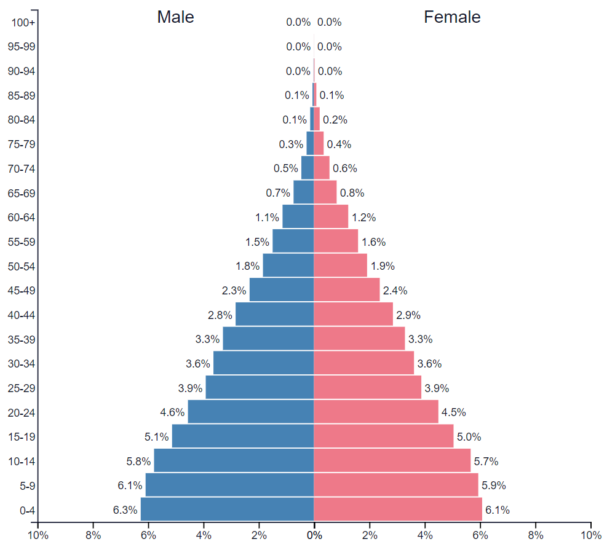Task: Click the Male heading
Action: pyautogui.click(x=175, y=17)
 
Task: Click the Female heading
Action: pyautogui.click(x=452, y=17)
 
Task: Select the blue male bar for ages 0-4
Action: pyautogui.click(x=227, y=510)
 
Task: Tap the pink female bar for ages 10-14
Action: pyautogui.click(x=392, y=460)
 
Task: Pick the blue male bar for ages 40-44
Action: pyautogui.click(x=274, y=314)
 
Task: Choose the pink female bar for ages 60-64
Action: pyautogui.click(x=331, y=216)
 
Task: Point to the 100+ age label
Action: pyautogui.click(x=24, y=23)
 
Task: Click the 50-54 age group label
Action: pyautogui.click(x=22, y=266)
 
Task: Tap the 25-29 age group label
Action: pyautogui.click(x=22, y=388)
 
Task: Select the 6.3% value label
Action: pyautogui.click(x=125, y=510)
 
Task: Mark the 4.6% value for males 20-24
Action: pyautogui.click(x=172, y=412)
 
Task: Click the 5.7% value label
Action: pyautogui.click(x=486, y=461)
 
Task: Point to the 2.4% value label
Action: pyautogui.click(x=395, y=290)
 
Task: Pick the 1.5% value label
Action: pyautogui.click(x=257, y=242)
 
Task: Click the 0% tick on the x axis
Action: pyautogui.click(x=314, y=535)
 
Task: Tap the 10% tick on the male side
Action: pyautogui.click(x=38, y=535)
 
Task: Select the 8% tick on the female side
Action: pyautogui.click(x=536, y=535)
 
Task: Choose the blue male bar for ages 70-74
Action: pyautogui.click(x=307, y=168)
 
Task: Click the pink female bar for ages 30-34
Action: pyautogui.click(x=363, y=363)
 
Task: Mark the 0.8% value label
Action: pyautogui.click(x=352, y=192)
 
